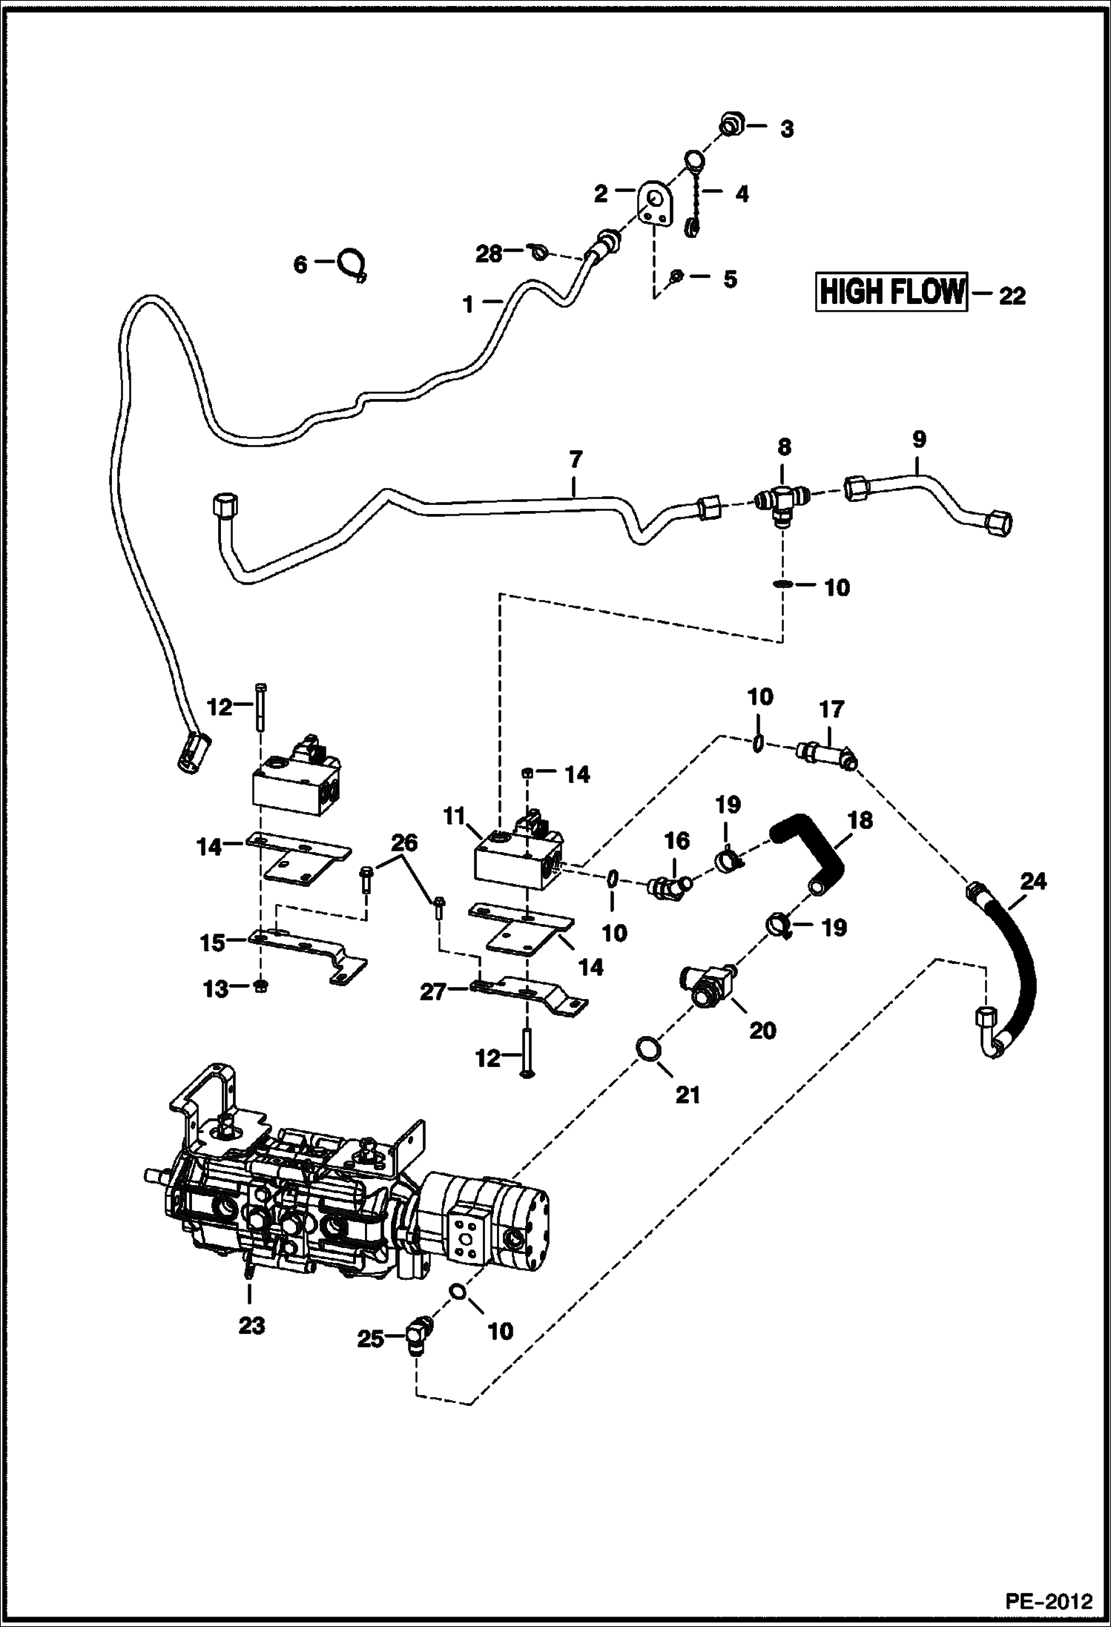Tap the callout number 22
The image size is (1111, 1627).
point(1012,297)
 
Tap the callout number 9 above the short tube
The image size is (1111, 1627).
point(918,440)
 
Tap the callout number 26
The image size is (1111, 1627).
point(404,843)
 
